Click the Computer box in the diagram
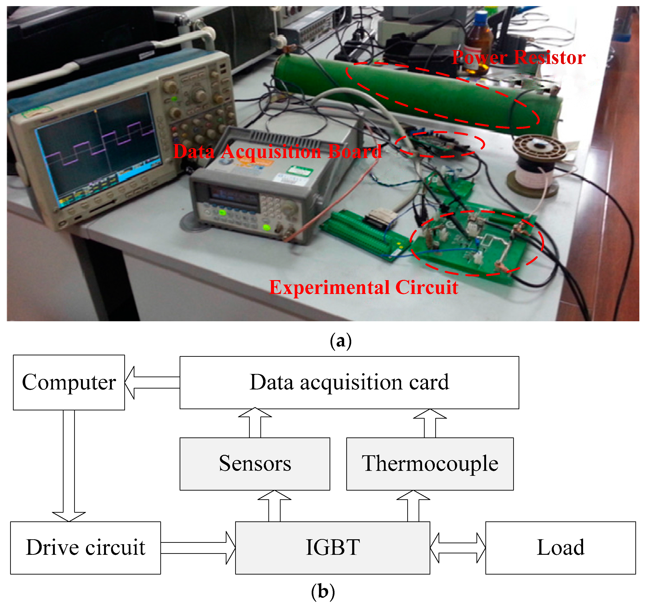pyautogui.click(x=69, y=382)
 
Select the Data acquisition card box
pyautogui.click(x=349, y=382)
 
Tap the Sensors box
pyautogui.click(x=255, y=464)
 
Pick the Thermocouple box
pyautogui.click(x=430, y=464)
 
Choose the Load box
pyautogui.click(x=560, y=548)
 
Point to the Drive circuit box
pyautogui.click(x=85, y=548)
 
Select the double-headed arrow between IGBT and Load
pyautogui.click(x=457, y=548)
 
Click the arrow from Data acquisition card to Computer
pyautogui.click(x=153, y=382)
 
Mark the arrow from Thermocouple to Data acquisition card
pyautogui.click(x=430, y=423)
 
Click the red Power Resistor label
pyautogui.click(x=518, y=58)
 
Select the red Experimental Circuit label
pyautogui.click(x=363, y=287)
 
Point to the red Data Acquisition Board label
pyautogui.click(x=277, y=151)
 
